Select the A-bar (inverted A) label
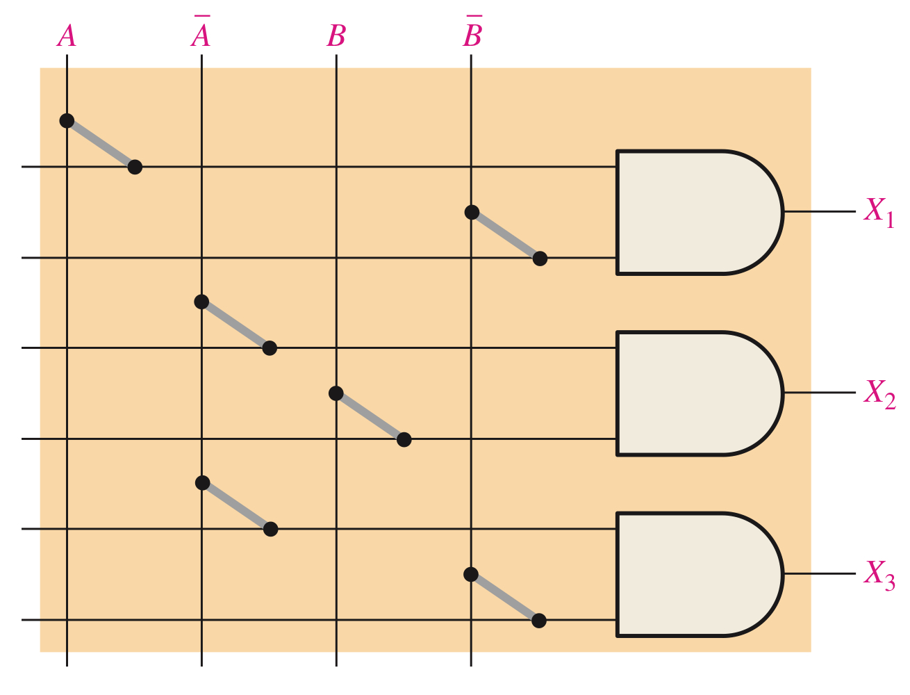coord(201,35)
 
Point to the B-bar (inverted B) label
coord(472,35)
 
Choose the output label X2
coord(879,393)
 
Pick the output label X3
coord(879,575)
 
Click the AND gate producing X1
coord(695,212)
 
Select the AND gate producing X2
coord(695,393)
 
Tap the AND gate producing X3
coord(695,575)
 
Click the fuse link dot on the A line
coord(67,121)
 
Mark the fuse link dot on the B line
coord(336,393)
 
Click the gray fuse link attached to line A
coord(101,144)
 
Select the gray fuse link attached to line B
coord(370,416)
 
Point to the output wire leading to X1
coord(820,212)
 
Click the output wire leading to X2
coord(820,393)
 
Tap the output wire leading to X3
coord(820,575)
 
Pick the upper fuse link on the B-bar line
coord(506,236)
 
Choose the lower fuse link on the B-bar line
coord(505,598)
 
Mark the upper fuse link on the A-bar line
coord(235,325)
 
